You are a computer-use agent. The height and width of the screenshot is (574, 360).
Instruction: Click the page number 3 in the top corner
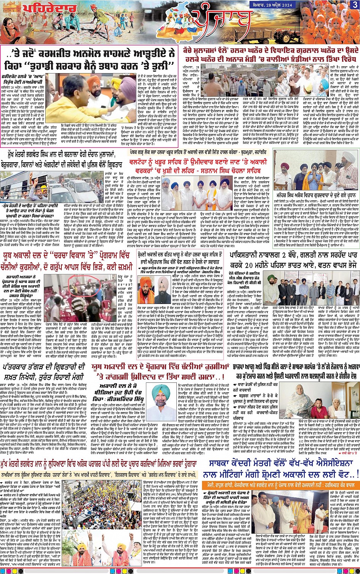[355, 4]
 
